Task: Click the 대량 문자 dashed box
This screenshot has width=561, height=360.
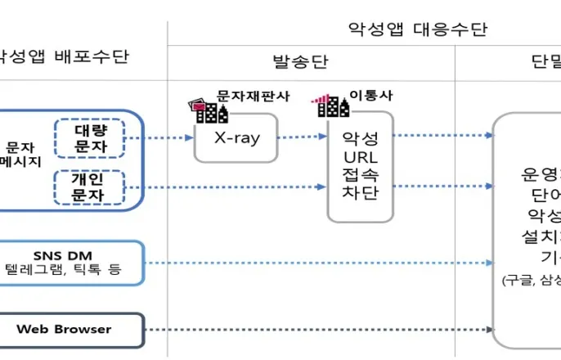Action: [88, 137]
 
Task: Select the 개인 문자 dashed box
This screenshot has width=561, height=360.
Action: [88, 187]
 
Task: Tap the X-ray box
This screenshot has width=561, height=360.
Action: [236, 137]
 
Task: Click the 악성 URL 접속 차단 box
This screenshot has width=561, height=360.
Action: [361, 168]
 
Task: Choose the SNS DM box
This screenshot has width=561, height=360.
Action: [72, 263]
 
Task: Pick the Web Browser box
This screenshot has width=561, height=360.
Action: [72, 330]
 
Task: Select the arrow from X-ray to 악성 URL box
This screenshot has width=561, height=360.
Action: [302, 137]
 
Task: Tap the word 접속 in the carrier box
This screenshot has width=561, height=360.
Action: [361, 173]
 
